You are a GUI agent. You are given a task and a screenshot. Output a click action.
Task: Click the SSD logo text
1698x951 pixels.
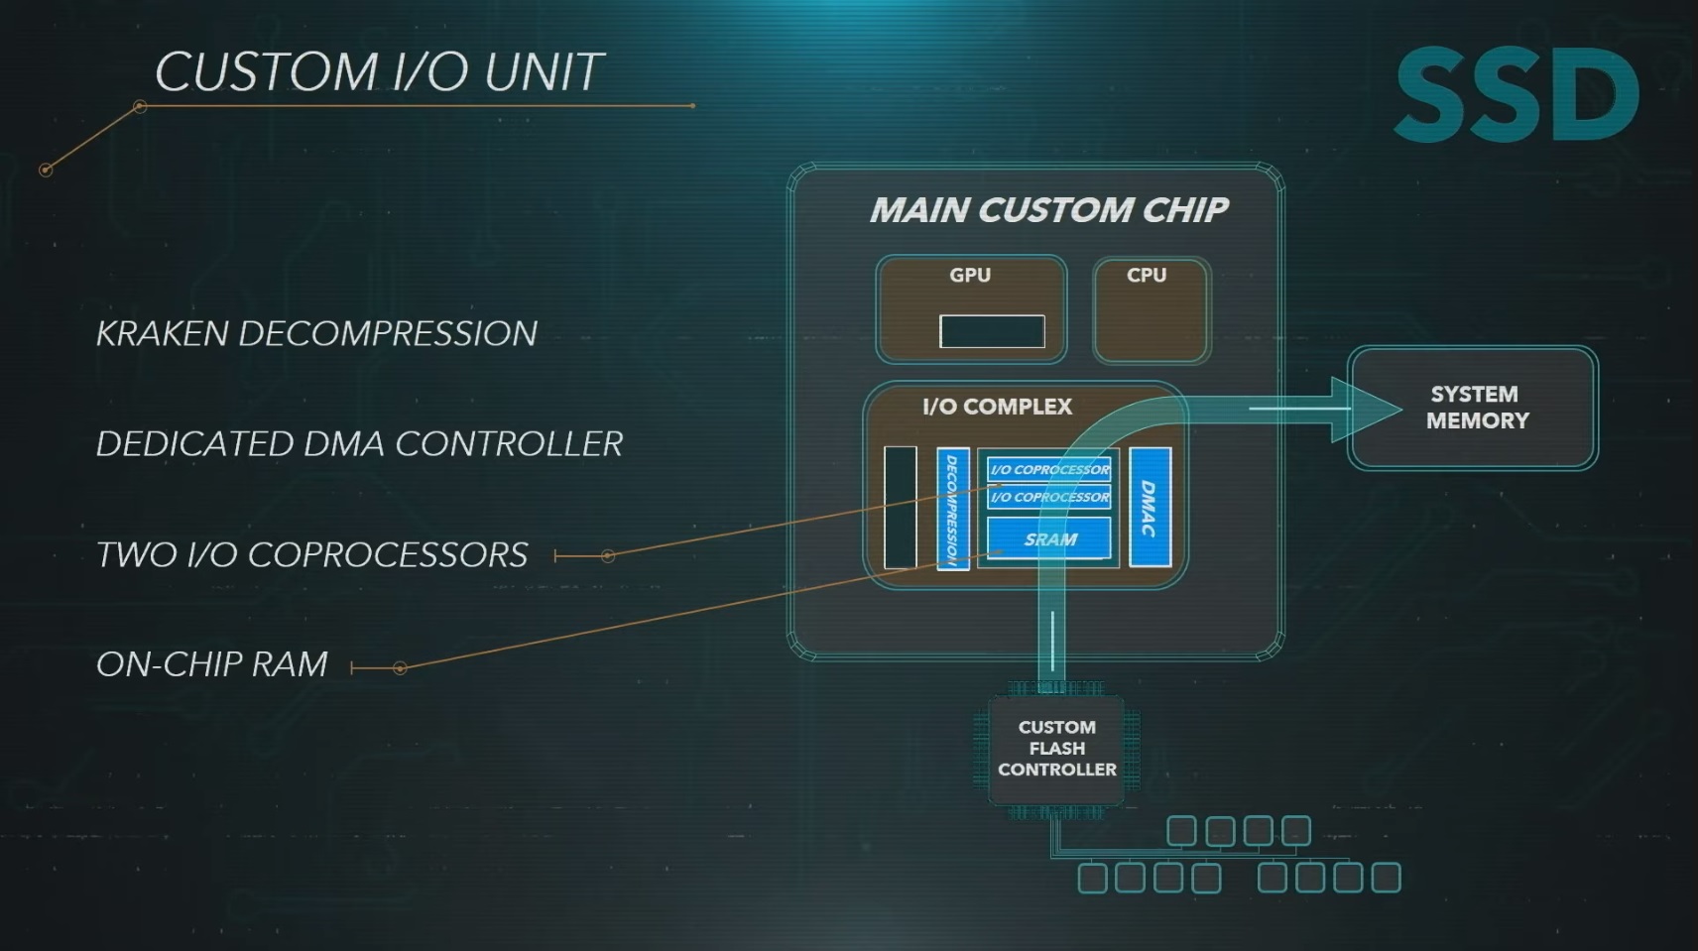(1516, 94)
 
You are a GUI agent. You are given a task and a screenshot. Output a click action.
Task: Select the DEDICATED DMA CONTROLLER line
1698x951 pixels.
(359, 444)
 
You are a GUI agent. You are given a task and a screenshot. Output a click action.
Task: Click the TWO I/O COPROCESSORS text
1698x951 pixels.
(311, 554)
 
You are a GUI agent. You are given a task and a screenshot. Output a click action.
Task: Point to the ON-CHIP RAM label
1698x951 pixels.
(211, 664)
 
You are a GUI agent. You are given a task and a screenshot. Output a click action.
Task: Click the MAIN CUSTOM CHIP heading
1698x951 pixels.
(1049, 210)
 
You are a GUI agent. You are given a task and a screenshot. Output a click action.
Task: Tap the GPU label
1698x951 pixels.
(970, 275)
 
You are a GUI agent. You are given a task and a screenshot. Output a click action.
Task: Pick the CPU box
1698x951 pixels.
(1152, 310)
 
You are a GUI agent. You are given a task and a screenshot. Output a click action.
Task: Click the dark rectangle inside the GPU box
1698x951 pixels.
(992, 332)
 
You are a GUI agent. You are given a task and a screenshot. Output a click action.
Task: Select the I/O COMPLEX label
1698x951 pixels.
(998, 407)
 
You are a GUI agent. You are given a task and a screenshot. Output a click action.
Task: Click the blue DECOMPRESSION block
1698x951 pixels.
(953, 509)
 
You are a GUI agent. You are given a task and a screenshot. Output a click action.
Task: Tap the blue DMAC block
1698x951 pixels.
(1150, 507)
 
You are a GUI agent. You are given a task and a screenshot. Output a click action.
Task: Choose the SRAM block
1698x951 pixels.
(1049, 538)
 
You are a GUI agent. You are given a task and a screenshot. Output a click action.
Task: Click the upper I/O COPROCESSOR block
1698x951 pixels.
(1049, 470)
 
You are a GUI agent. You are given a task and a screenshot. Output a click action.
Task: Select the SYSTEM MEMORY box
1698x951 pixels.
(1473, 409)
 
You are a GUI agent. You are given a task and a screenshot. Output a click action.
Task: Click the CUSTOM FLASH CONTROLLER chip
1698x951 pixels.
(1056, 749)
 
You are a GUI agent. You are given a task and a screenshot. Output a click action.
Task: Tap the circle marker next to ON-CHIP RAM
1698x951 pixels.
(401, 667)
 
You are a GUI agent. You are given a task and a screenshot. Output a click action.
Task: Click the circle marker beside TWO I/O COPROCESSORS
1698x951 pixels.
(608, 556)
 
